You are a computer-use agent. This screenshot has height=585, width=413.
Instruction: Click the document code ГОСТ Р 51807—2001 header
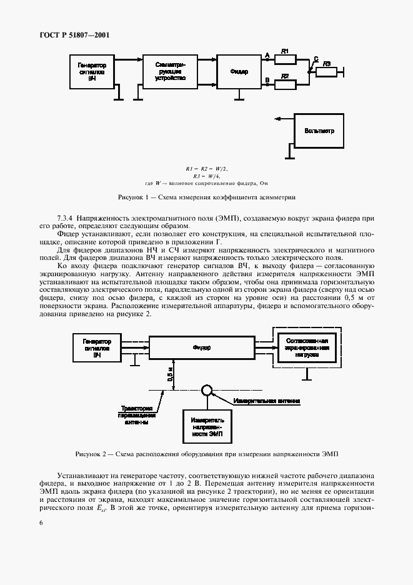(71, 35)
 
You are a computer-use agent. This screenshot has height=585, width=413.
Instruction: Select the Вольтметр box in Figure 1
(319, 131)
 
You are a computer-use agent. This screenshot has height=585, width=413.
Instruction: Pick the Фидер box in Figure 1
(239, 72)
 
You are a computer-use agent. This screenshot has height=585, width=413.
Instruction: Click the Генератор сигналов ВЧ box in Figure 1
(92, 72)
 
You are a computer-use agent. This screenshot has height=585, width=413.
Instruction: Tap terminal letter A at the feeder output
(267, 55)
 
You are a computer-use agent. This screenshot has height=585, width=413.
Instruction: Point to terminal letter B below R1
(267, 79)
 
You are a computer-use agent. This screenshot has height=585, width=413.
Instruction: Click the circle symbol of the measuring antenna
(207, 391)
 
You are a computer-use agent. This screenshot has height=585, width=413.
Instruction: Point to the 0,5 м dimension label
(169, 374)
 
